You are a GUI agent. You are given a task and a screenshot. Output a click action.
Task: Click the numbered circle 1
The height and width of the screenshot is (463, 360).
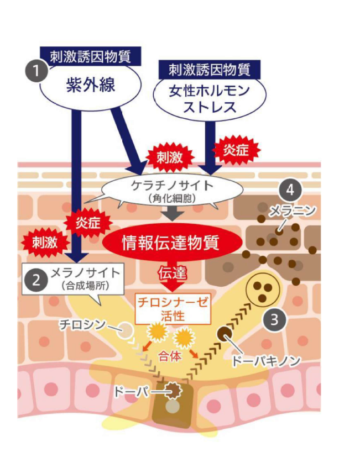[36, 71]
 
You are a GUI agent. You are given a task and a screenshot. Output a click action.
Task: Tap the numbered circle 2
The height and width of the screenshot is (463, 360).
[36, 280]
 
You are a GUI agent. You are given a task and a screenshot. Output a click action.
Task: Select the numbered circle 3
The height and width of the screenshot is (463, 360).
[275, 319]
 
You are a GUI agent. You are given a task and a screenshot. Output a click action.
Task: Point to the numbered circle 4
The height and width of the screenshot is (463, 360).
[290, 190]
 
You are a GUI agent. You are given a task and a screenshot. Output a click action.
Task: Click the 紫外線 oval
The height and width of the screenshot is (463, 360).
[91, 85]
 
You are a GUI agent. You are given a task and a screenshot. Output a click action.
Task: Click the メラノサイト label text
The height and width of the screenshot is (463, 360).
[85, 272]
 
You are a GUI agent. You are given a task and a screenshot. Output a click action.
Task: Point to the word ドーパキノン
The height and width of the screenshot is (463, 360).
[266, 361]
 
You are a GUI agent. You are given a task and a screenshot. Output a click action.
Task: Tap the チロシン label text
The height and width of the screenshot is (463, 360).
[82, 324]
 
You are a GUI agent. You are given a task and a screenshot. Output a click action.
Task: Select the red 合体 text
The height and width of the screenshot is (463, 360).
[169, 356]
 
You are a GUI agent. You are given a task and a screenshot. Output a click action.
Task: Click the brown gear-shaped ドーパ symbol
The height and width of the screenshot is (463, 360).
[173, 390]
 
